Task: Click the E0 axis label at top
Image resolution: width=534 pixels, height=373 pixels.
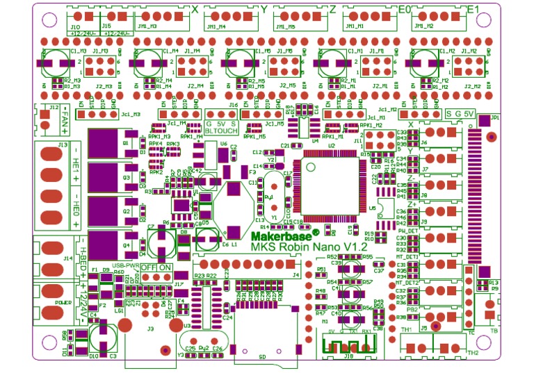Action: (404, 8)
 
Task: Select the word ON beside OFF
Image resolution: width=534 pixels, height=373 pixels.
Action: (165, 267)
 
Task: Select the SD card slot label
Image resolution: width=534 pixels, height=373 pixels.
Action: (261, 356)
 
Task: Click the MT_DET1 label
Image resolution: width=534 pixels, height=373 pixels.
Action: (407, 256)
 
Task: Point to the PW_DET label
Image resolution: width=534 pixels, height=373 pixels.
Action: (407, 230)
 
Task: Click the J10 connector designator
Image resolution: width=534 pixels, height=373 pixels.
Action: (75, 26)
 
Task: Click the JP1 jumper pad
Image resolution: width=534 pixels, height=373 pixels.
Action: (491, 137)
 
